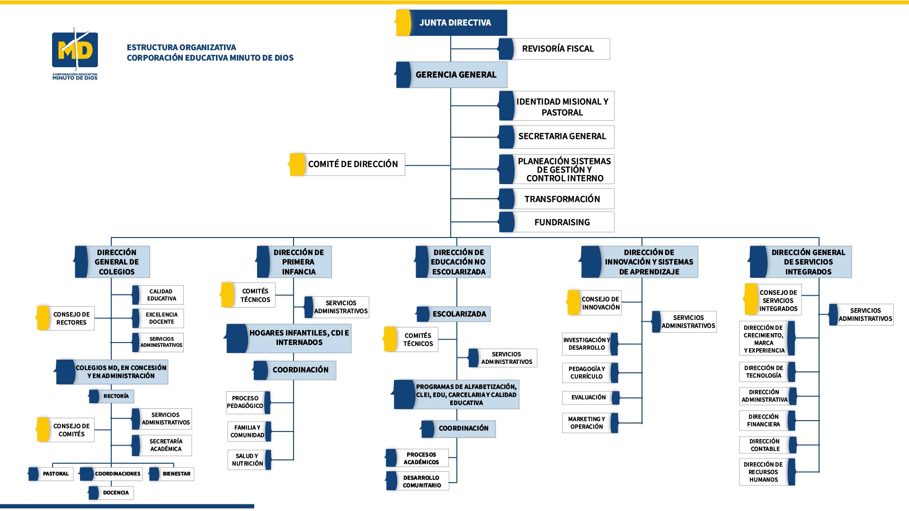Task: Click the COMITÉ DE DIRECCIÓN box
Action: tap(352, 164)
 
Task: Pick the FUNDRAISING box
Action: tap(561, 222)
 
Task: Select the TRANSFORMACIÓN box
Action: tap(561, 199)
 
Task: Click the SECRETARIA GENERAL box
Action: tap(561, 136)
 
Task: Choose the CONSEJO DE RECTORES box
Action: tap(71, 318)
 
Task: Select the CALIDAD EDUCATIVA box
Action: tap(161, 295)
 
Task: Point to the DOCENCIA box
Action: tap(115, 493)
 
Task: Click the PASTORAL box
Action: tap(55, 474)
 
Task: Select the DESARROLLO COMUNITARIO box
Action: tap(421, 481)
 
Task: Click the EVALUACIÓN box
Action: tap(588, 397)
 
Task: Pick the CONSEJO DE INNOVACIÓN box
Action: tap(599, 303)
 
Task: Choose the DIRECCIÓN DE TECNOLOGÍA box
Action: tap(763, 371)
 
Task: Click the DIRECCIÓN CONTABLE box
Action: tap(764, 445)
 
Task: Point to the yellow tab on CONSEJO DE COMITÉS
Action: tap(43, 429)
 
